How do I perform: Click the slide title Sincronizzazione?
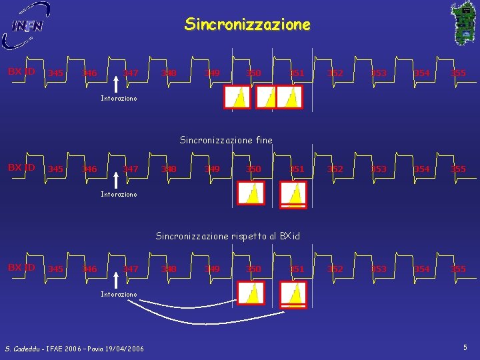(x=247, y=25)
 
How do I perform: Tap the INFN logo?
(x=27, y=26)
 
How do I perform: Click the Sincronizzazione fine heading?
(x=226, y=140)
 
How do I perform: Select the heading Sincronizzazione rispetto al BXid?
(x=227, y=236)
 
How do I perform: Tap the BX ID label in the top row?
(x=21, y=71)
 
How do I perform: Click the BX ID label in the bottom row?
(x=21, y=267)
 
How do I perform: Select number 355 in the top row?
(x=458, y=73)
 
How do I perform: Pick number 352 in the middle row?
(x=335, y=169)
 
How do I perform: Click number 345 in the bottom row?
(x=56, y=269)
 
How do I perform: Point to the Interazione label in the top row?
(x=119, y=99)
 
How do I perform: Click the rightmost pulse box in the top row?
(x=289, y=97)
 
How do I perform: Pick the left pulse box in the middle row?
(x=253, y=193)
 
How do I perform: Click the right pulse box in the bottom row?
(x=293, y=293)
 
